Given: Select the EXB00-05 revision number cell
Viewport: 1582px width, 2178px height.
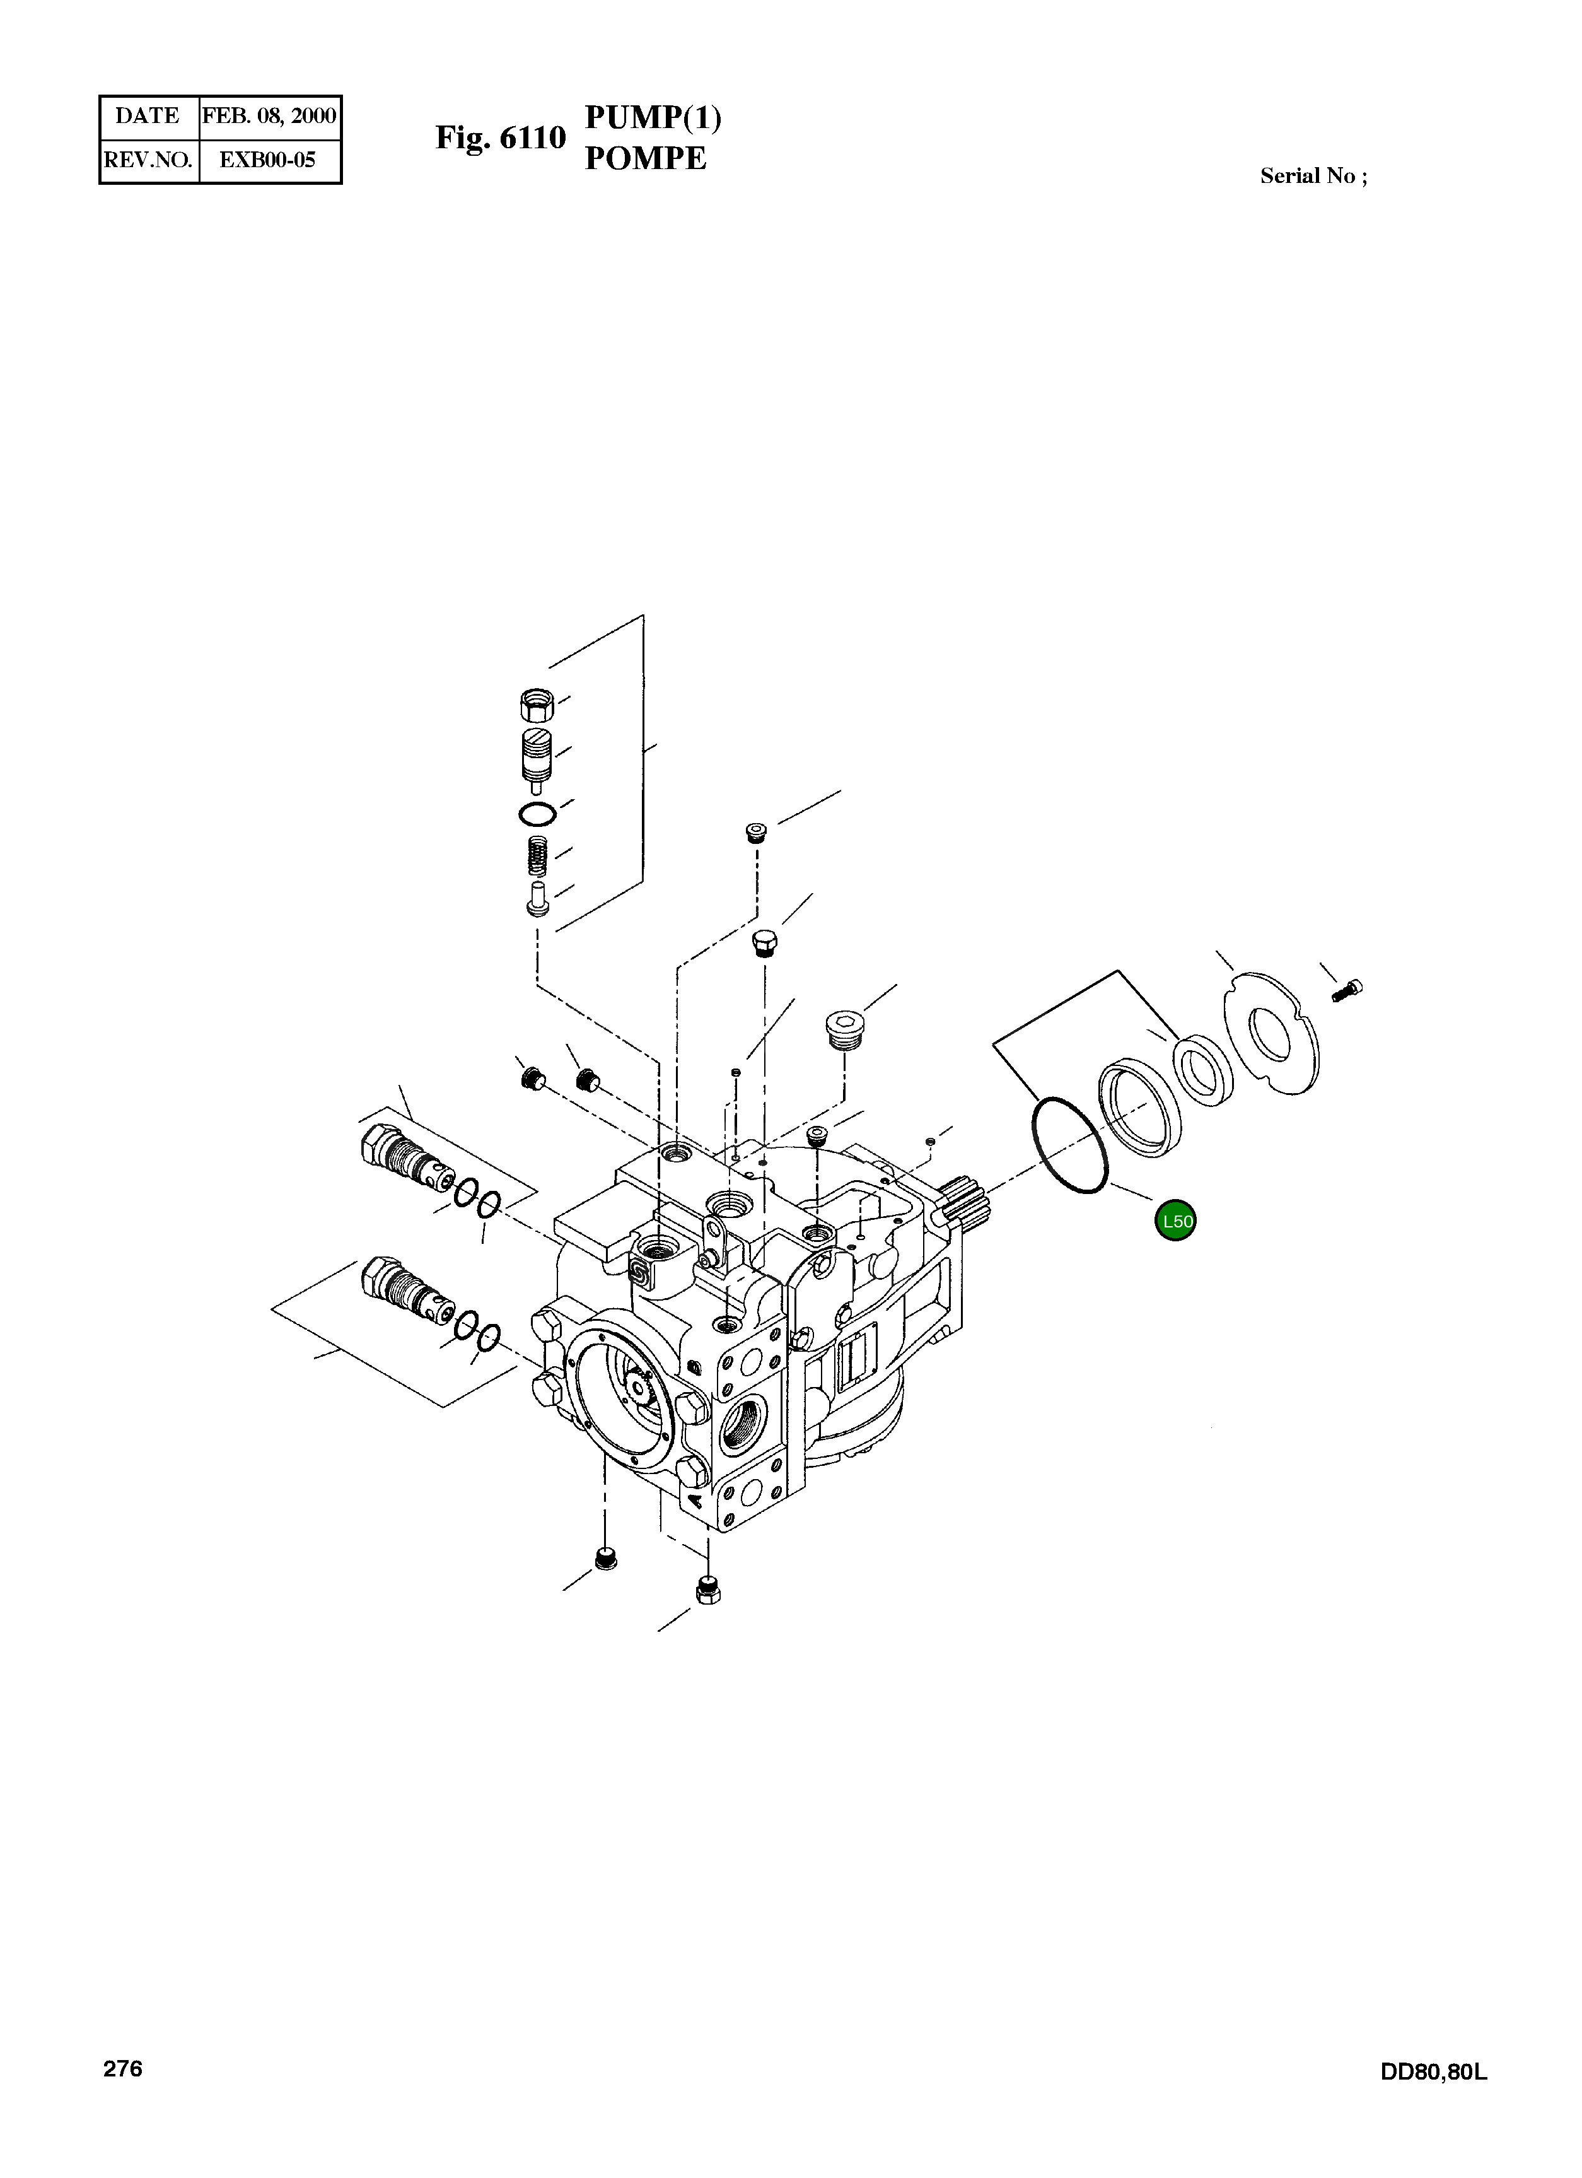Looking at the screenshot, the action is pyautogui.click(x=269, y=160).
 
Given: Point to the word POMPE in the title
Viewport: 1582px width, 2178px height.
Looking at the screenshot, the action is pyautogui.click(x=645, y=158).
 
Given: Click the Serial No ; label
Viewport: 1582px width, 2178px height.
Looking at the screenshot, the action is pyautogui.click(x=1313, y=176).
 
